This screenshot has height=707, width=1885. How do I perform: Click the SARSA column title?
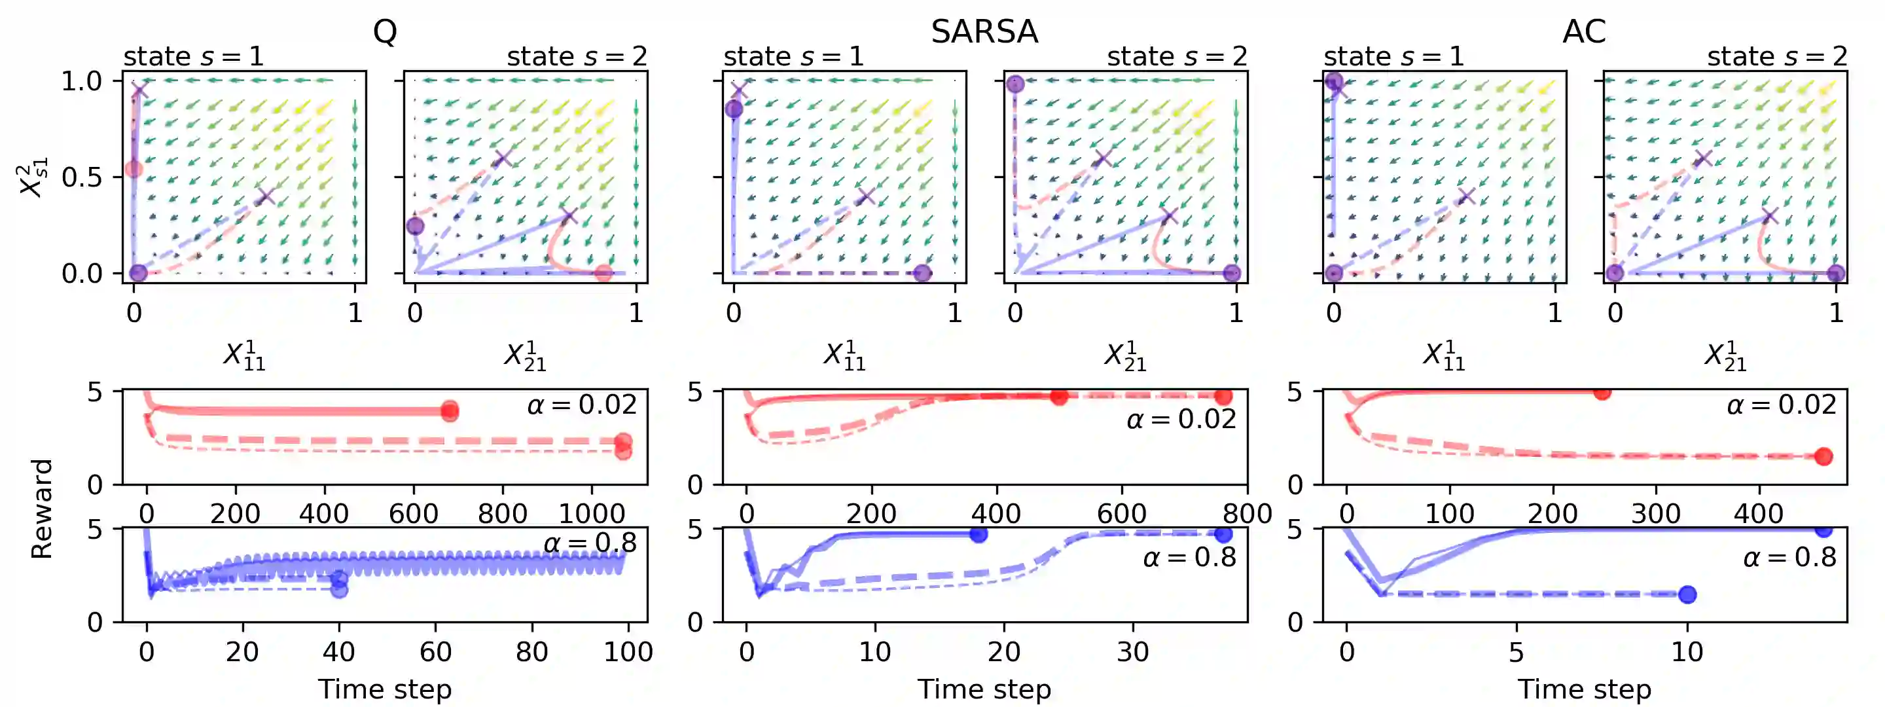pos(984,31)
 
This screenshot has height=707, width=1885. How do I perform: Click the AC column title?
pos(1583,31)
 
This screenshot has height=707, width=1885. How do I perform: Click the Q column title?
pos(385,31)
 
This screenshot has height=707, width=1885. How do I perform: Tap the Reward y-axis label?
pos(42,509)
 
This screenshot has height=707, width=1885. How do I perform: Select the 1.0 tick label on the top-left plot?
pos(81,81)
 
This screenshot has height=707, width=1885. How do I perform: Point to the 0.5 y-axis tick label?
pos(81,177)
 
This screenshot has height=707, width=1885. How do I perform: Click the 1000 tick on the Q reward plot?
pos(591,514)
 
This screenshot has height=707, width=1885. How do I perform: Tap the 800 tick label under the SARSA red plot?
pos(1247,514)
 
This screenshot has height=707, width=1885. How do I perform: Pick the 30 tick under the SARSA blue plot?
pos(1132,651)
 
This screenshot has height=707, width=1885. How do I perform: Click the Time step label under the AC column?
pos(1583,689)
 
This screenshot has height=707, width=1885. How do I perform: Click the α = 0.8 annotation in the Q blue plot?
pos(590,542)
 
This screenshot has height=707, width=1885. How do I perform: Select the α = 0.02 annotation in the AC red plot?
pos(1781,405)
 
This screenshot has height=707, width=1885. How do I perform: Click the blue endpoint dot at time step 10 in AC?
pos(1687,594)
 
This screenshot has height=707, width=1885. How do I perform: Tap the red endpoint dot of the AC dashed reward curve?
pos(1823,457)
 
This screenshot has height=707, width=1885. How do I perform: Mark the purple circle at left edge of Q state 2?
pos(415,225)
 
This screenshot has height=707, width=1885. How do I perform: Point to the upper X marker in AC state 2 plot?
pos(1703,158)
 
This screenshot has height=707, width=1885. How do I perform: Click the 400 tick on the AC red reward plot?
pos(1759,514)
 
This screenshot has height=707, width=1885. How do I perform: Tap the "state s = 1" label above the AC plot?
pos(1393,56)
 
